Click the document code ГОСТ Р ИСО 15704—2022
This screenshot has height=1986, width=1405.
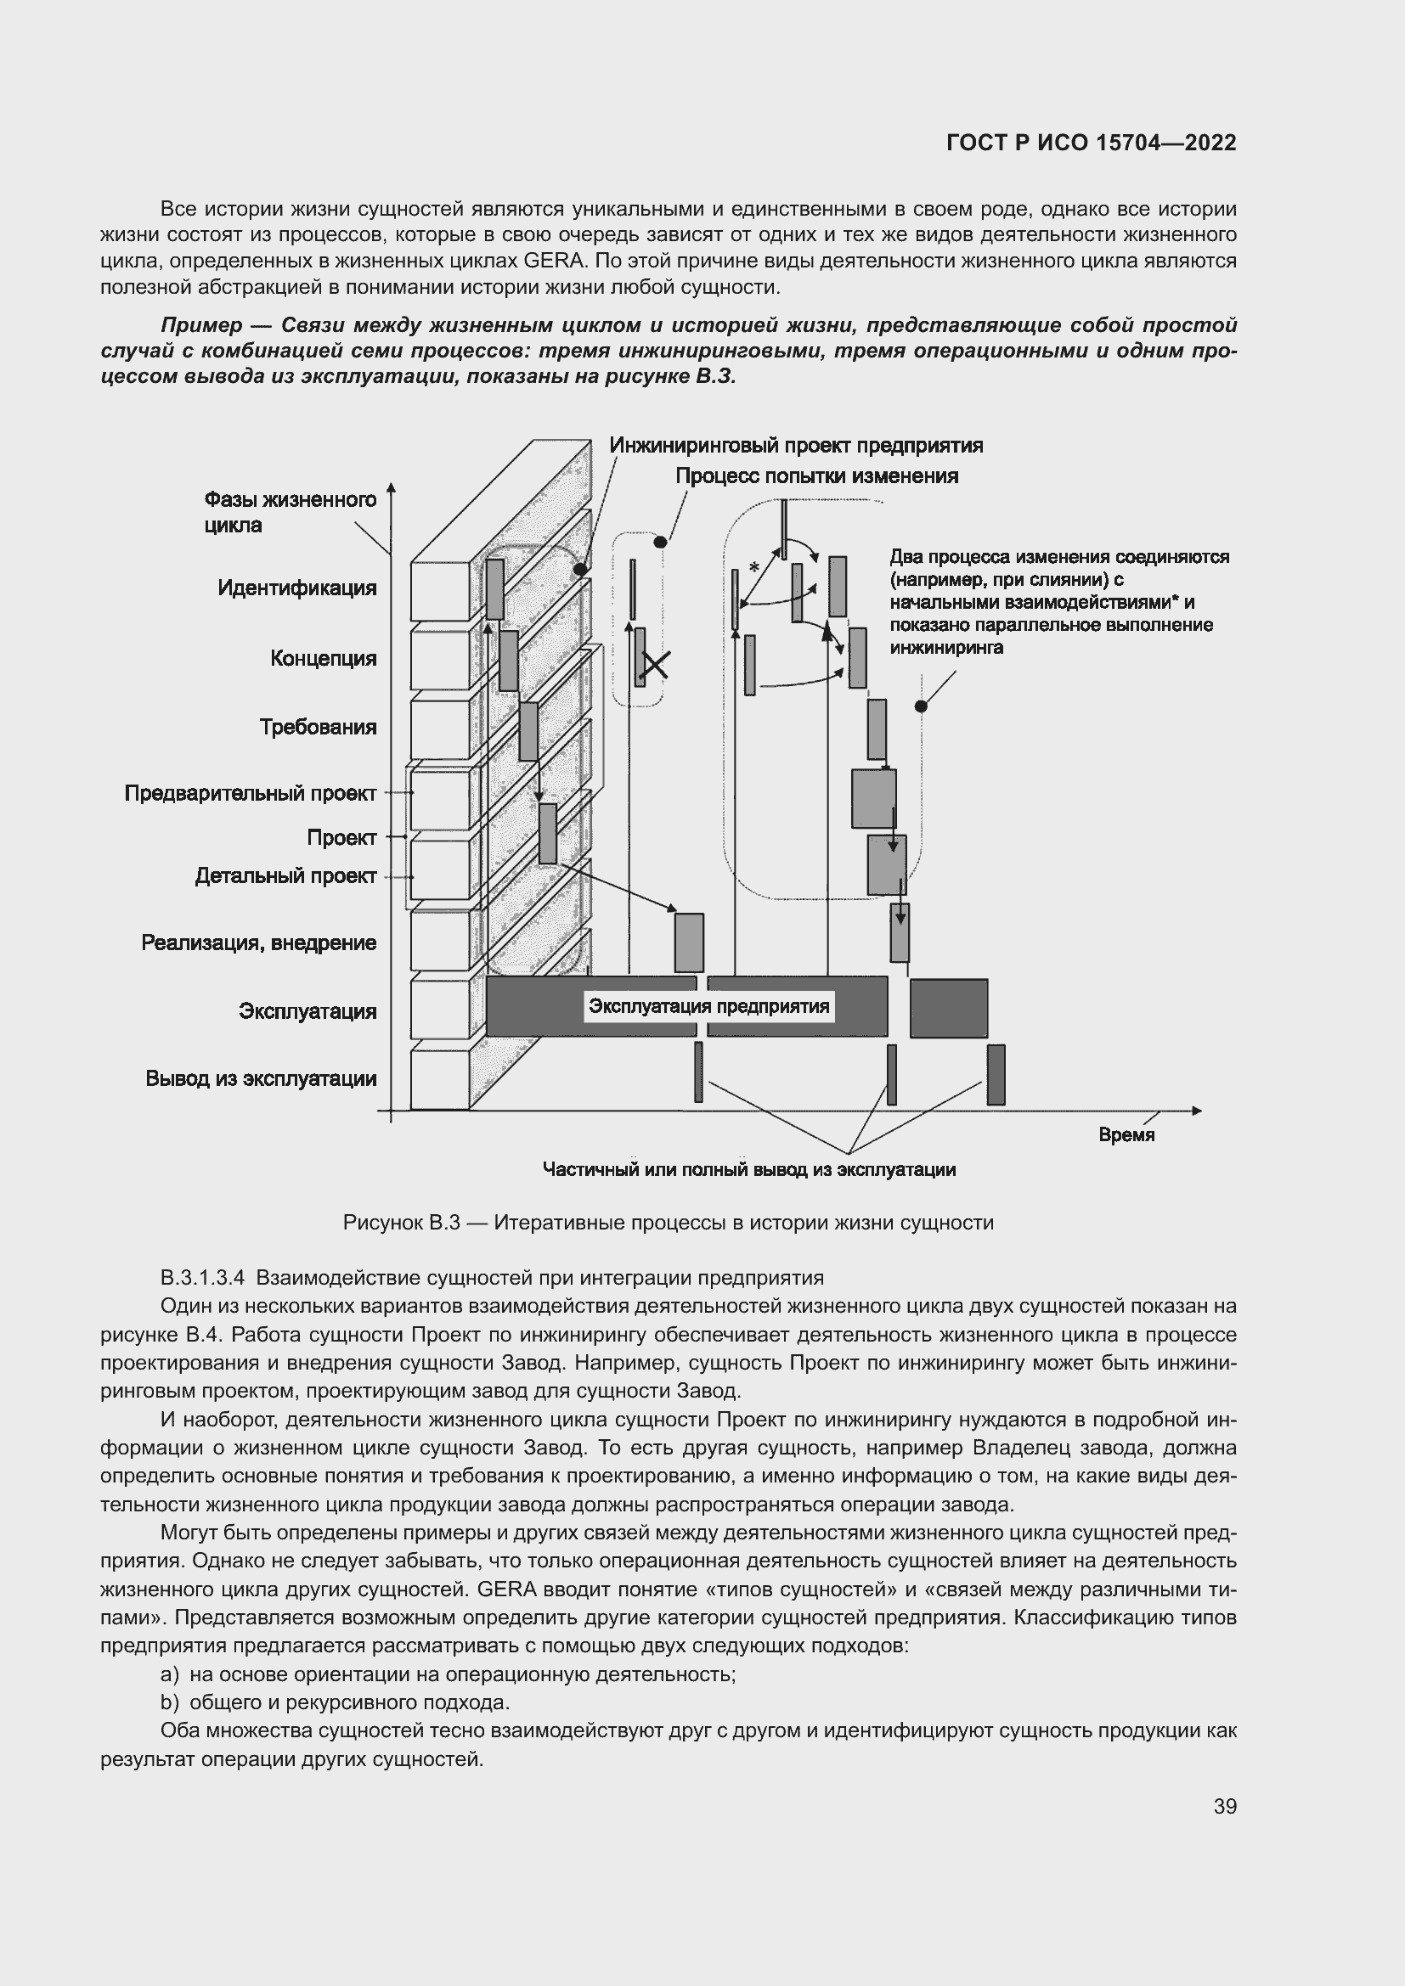(x=1091, y=143)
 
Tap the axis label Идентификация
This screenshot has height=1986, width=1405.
(x=296, y=588)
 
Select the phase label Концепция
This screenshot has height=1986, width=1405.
(x=323, y=658)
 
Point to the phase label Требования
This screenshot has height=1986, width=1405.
(x=318, y=727)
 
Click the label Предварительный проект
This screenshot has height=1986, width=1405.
(x=250, y=793)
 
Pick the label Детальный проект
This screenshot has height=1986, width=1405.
(x=285, y=876)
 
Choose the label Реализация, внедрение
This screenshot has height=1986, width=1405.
(x=259, y=942)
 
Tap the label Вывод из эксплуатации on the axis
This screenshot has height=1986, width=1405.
(x=261, y=1078)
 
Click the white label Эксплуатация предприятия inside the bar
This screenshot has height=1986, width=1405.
(x=708, y=1006)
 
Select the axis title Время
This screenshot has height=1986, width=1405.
(x=1126, y=1135)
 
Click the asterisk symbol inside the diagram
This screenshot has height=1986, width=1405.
(x=753, y=568)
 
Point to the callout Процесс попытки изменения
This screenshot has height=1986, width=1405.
(x=815, y=475)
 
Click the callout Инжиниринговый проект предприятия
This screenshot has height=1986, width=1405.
(x=796, y=446)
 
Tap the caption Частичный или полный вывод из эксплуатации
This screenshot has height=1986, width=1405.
(x=748, y=1169)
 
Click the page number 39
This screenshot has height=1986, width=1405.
(x=1224, y=1806)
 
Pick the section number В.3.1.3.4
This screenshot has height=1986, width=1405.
(x=202, y=1278)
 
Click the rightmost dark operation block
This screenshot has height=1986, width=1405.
(x=948, y=1008)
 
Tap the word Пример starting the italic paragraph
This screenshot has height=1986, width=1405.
(x=201, y=325)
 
